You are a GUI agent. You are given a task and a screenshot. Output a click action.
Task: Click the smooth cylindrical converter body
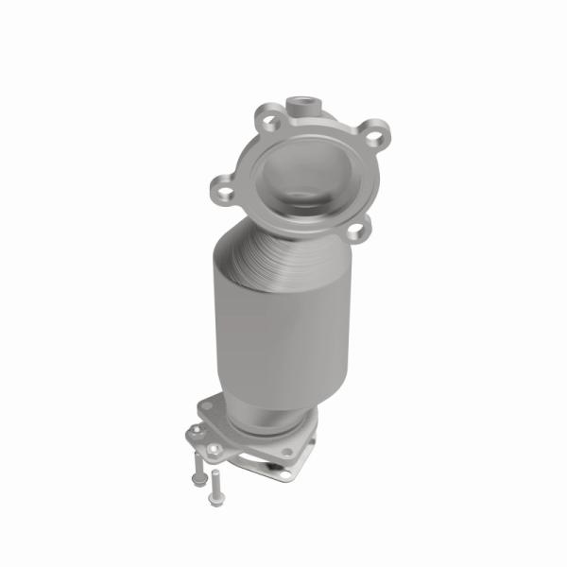(274, 321)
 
